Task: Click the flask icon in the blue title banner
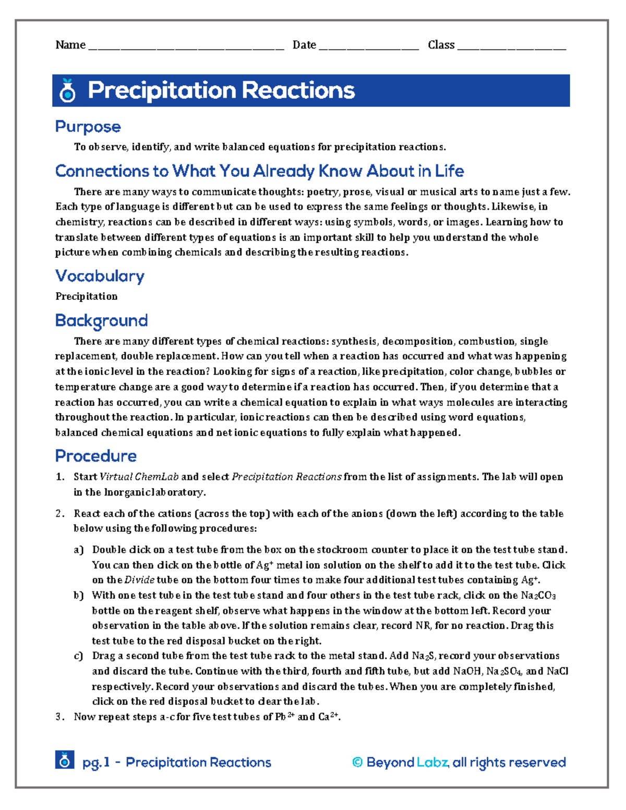(68, 91)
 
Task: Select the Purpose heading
(88, 127)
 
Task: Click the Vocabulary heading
(100, 276)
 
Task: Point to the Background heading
(101, 320)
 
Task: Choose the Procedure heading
(95, 456)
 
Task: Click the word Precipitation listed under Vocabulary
(86, 296)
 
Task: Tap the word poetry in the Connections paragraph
(322, 192)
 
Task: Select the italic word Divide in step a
(139, 580)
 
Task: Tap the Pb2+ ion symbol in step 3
(284, 717)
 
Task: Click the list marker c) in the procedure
(78, 656)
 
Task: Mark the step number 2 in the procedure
(59, 514)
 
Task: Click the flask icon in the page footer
(64, 760)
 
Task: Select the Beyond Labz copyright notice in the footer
(459, 763)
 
